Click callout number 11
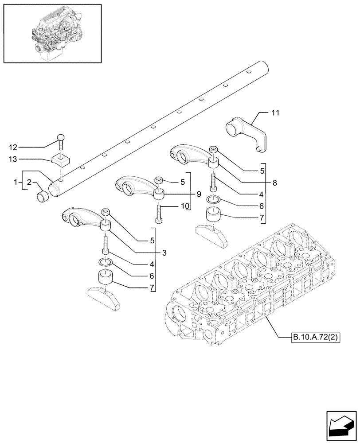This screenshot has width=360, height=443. tap(275, 114)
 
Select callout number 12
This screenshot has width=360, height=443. tap(14, 146)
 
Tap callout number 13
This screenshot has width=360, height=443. tap(14, 159)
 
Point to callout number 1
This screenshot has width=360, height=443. tap(16, 182)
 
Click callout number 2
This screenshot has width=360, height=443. tap(29, 182)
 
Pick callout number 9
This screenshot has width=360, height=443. tap(199, 194)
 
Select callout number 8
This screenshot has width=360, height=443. tap(275, 182)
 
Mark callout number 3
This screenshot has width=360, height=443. tap(164, 253)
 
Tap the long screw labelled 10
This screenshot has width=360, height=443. tap(159, 213)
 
